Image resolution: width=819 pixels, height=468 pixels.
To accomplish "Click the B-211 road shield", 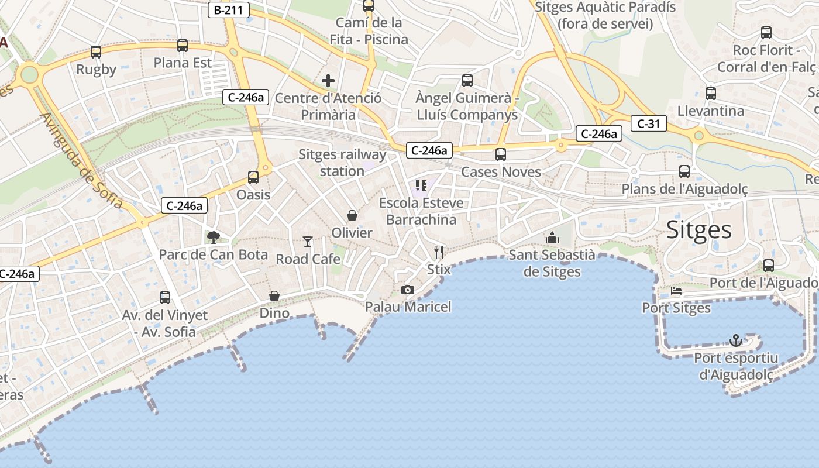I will point(229,9).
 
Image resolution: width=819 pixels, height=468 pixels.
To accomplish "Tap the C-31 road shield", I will point(649,123).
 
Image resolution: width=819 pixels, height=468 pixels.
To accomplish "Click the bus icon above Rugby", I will point(96,52).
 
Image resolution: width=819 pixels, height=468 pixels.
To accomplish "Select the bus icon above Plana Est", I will point(183,46).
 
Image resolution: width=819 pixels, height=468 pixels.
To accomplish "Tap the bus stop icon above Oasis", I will point(253,177).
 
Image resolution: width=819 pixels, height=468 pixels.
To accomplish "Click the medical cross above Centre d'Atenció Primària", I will point(328,80).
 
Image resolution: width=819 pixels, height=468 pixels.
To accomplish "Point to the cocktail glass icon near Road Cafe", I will point(308,241).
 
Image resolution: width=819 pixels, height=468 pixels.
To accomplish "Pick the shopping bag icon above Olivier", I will point(352,215).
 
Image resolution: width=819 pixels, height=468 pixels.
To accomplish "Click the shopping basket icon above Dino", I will point(274,296).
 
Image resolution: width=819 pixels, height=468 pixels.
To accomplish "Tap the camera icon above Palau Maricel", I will point(408,290).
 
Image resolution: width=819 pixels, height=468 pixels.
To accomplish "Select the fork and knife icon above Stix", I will point(439,252).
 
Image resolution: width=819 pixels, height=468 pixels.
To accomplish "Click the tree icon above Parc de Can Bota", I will point(214,237).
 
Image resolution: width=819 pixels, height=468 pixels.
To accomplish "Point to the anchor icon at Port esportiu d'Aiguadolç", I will point(736,340).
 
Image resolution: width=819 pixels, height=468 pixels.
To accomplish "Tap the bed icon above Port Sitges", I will point(676,290).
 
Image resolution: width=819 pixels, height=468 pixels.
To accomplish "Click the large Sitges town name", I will point(699,230).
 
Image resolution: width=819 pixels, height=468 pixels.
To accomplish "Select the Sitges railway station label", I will point(342,163).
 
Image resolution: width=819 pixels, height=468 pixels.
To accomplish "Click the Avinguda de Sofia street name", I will point(81,160).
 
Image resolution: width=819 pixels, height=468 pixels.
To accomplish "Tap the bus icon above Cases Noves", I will point(501,154).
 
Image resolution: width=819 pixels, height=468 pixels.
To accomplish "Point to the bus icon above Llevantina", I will point(711,94).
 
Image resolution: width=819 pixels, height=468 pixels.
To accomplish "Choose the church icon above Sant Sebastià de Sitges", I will point(552,238).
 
